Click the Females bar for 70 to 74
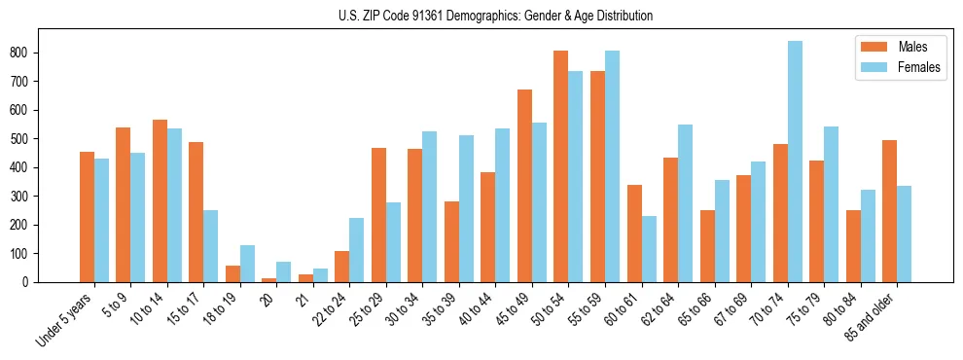click(x=795, y=162)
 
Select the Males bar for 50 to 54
click(x=561, y=166)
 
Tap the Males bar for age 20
click(x=268, y=279)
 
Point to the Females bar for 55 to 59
click(x=612, y=166)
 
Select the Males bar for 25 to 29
click(x=378, y=215)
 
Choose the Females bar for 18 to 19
click(x=247, y=264)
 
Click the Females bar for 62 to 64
click(x=685, y=203)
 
